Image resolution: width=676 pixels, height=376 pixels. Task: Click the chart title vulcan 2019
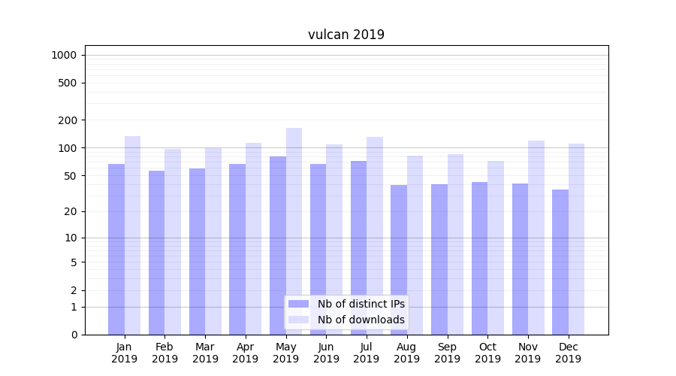click(x=346, y=35)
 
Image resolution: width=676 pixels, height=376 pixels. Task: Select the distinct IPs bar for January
click(x=116, y=248)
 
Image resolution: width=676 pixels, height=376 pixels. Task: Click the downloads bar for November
click(x=536, y=237)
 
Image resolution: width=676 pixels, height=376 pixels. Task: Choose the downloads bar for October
click(x=496, y=247)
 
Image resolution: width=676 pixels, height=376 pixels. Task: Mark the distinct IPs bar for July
click(x=358, y=247)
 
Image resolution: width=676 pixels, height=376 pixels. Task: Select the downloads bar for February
click(x=173, y=241)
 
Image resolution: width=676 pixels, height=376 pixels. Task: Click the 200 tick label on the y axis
click(x=67, y=120)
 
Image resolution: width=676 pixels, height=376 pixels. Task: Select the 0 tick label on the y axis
click(x=74, y=335)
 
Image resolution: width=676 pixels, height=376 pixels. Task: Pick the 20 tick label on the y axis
click(x=70, y=211)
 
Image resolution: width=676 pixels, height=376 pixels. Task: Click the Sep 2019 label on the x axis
click(x=447, y=353)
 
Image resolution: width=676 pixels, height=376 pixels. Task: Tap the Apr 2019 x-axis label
click(x=246, y=353)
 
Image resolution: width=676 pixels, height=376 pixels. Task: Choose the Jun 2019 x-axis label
click(x=326, y=353)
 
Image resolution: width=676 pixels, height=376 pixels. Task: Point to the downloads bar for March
click(x=213, y=241)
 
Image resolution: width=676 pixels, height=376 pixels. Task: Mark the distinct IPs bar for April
click(x=237, y=248)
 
